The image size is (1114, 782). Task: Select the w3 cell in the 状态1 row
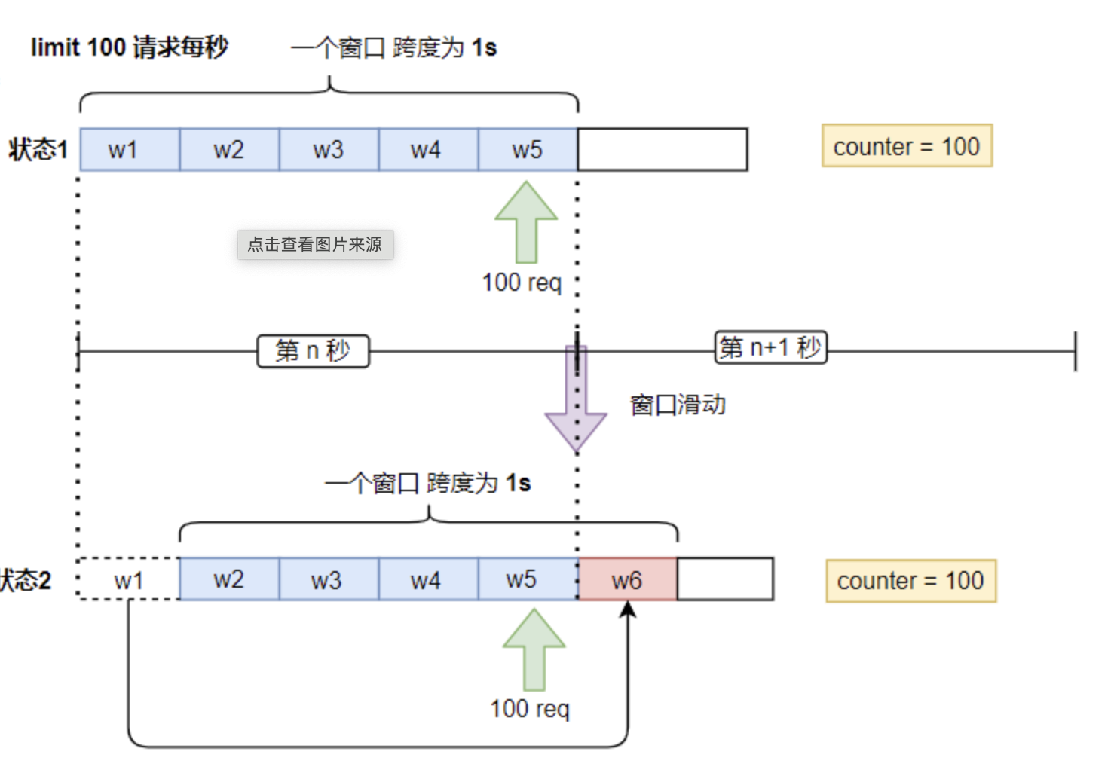pyautogui.click(x=329, y=150)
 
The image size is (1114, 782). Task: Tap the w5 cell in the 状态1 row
pyautogui.click(x=528, y=150)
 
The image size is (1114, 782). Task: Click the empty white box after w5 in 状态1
pyautogui.click(x=663, y=150)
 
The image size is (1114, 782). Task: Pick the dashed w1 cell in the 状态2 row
pyautogui.click(x=129, y=580)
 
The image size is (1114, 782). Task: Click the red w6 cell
pyautogui.click(x=627, y=580)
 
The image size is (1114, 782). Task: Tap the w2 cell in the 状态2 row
pyautogui.click(x=229, y=580)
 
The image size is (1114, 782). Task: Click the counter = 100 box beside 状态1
pyautogui.click(x=907, y=146)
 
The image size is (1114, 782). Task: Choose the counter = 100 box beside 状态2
pyautogui.click(x=910, y=581)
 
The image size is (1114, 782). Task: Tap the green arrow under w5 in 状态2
pyautogui.click(x=534, y=649)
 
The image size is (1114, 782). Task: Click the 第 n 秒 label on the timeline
pyautogui.click(x=313, y=351)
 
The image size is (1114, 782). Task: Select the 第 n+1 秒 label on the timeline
pyautogui.click(x=770, y=347)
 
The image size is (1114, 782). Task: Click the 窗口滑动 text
pyautogui.click(x=678, y=405)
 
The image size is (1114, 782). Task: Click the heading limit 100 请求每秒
pyautogui.click(x=129, y=47)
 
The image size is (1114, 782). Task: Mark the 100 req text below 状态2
pyautogui.click(x=529, y=709)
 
